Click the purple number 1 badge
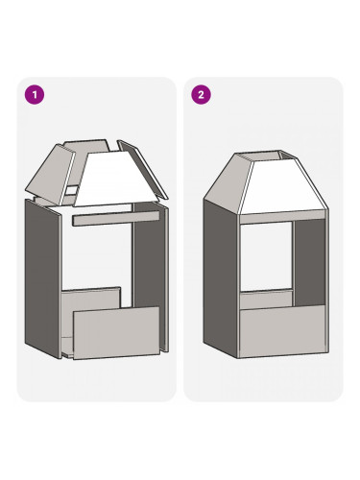(35, 95)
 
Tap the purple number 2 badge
(201, 95)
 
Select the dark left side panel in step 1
(43, 278)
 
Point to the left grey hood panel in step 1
(51, 175)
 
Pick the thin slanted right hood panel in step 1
(142, 168)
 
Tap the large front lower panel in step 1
(116, 333)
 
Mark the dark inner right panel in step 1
(149, 256)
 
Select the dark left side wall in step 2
(221, 276)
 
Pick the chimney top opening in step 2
(267, 156)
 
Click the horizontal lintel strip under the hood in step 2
(283, 217)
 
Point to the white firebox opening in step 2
(266, 256)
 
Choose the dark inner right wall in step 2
(310, 262)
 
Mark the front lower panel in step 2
(283, 331)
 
